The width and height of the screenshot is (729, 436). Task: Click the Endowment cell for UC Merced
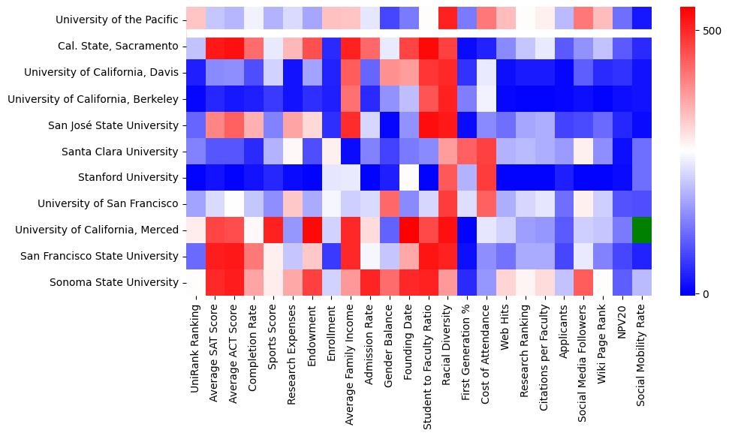pos(312,230)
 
